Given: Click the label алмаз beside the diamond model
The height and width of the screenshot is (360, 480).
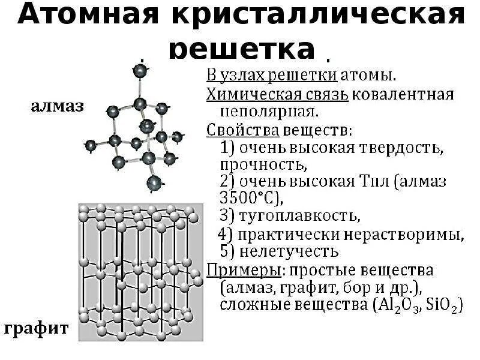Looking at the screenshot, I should pos(57,107).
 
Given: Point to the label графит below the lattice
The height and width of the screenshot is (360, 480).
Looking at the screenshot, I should pos(37,329).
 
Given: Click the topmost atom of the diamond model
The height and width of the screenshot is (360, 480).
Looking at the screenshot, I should pos(140,71).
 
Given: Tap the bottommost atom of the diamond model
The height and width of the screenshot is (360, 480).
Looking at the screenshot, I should pos(154,182).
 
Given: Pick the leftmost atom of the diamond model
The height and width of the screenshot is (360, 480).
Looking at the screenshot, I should pos(90,145).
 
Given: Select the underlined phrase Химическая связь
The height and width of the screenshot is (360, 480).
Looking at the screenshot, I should pos(277,94).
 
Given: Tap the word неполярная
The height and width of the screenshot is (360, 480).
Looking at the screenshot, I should pos(262,112).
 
